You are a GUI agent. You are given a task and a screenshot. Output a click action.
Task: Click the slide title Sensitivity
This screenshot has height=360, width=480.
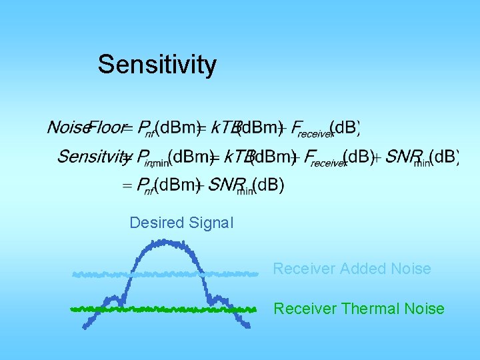[157, 65]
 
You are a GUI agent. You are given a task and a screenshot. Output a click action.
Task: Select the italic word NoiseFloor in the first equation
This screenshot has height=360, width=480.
[85, 127]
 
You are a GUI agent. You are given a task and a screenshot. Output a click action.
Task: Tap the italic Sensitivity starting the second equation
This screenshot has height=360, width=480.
[92, 157]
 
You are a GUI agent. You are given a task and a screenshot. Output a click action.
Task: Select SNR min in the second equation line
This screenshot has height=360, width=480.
[407, 158]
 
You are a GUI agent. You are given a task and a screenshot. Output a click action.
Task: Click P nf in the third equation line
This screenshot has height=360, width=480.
[145, 186]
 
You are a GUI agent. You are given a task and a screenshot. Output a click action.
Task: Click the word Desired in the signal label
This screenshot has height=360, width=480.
[156, 223]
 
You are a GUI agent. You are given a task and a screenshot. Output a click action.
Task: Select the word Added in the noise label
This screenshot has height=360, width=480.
[363, 269]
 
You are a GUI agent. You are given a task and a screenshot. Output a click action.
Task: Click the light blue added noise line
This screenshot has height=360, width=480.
[100, 274]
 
